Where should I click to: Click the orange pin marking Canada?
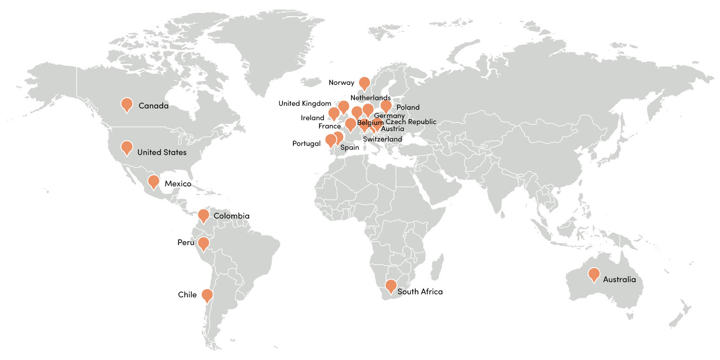point(127,104)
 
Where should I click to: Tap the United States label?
point(161,152)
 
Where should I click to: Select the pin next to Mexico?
point(153,181)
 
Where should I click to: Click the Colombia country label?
point(231,216)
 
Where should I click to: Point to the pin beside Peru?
point(203,243)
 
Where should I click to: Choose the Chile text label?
point(187,295)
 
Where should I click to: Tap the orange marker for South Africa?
point(391,286)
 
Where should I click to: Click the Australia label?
point(619,279)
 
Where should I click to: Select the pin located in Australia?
point(594,274)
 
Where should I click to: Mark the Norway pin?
point(364,83)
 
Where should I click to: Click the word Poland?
point(408,107)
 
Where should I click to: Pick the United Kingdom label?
point(305,103)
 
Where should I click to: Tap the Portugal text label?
point(306,143)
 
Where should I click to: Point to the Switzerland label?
point(382,139)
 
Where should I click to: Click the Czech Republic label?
point(410,122)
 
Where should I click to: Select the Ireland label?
point(312,118)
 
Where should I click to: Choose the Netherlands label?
point(370,98)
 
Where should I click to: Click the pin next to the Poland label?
point(386,106)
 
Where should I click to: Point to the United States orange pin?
point(127,147)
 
